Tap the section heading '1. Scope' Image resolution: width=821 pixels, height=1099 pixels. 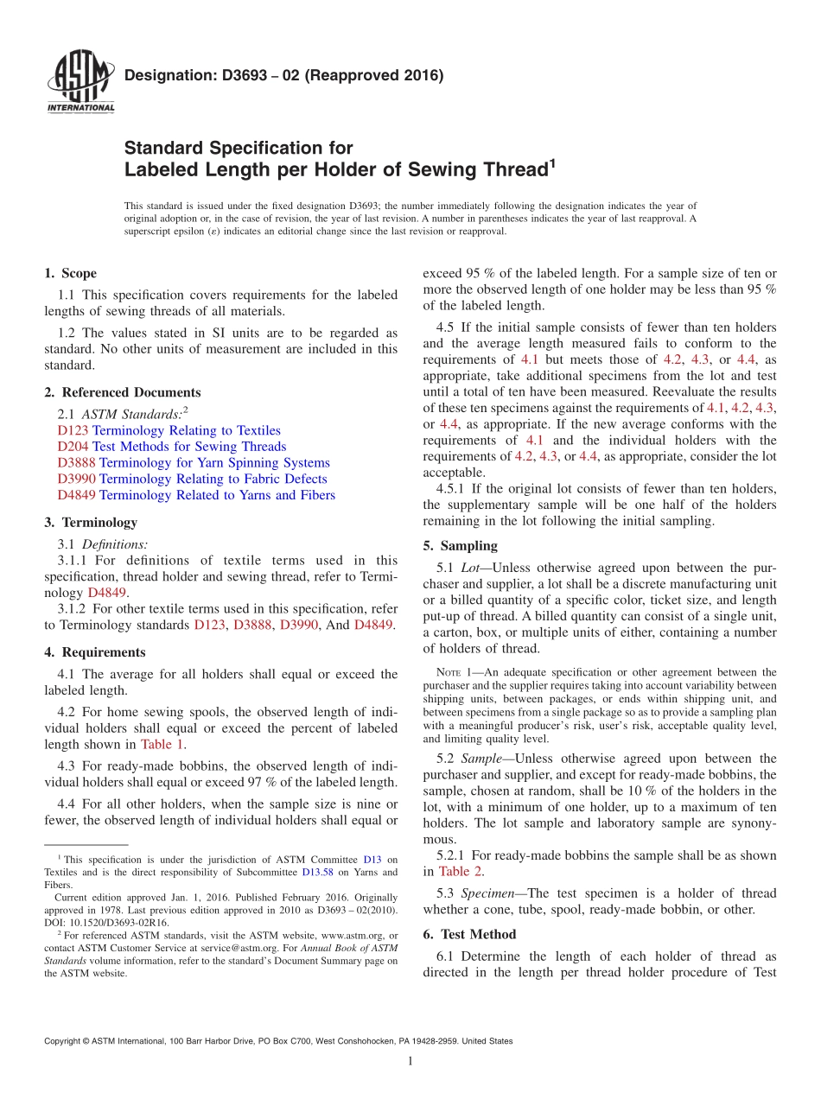click(x=70, y=273)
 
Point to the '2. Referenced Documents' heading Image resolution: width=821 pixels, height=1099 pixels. click(x=122, y=392)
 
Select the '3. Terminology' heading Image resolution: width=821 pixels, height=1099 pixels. click(x=90, y=522)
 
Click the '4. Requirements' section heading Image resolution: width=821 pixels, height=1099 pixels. click(x=94, y=652)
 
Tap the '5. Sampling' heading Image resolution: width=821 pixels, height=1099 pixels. click(x=460, y=545)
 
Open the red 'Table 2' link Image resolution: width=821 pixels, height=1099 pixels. click(x=461, y=871)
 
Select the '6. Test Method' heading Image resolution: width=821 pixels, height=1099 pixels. click(x=469, y=934)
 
